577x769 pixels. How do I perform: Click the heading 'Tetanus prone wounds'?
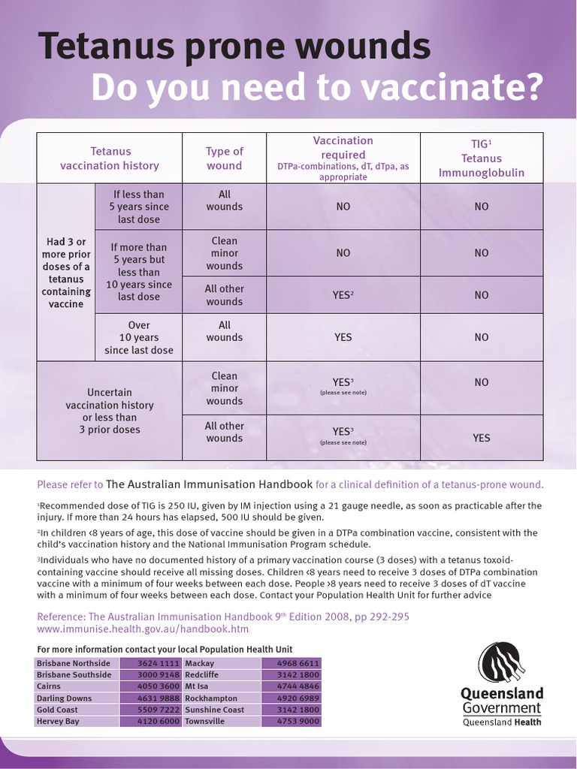click(x=234, y=47)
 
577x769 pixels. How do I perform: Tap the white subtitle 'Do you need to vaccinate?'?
click(x=316, y=89)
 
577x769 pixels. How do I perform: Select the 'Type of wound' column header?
click(x=225, y=158)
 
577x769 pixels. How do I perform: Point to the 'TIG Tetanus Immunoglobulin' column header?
click(x=481, y=158)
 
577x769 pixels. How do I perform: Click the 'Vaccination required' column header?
click(x=343, y=158)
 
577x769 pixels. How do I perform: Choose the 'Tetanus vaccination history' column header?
click(x=110, y=158)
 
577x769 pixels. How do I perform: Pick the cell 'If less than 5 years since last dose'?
click(x=139, y=207)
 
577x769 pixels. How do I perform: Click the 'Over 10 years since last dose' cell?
click(x=139, y=338)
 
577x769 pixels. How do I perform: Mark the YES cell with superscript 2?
click(x=343, y=295)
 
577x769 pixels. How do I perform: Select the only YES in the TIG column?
click(x=481, y=438)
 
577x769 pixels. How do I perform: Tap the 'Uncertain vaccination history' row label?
click(x=110, y=411)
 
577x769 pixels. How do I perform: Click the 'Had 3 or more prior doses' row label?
click(x=67, y=273)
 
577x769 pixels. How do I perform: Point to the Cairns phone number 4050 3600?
click(x=159, y=686)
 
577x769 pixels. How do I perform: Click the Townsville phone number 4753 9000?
click(x=298, y=721)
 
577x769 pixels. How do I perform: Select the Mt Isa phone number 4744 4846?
click(x=298, y=686)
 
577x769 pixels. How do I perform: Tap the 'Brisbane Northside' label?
click(x=74, y=663)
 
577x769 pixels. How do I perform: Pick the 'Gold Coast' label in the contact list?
click(x=57, y=710)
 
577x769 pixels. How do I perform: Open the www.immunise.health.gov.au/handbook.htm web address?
click(x=143, y=629)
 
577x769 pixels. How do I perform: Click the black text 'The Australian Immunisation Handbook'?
click(x=209, y=484)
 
